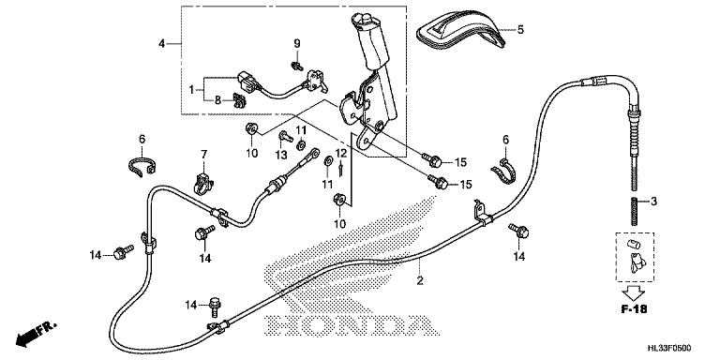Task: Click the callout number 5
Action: point(519,30)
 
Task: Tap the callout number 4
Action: point(161,44)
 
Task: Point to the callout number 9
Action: point(297,44)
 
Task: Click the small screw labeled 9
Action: point(297,67)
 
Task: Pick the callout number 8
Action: point(217,99)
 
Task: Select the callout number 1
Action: point(192,90)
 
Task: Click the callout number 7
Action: point(203,155)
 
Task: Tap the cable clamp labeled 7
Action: point(203,182)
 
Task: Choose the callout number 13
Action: point(281,156)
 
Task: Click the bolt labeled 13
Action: point(286,136)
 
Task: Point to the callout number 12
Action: point(340,153)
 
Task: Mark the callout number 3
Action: point(653,202)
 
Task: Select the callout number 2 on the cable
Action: point(420,280)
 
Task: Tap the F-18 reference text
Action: point(634,309)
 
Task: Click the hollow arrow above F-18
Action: point(635,292)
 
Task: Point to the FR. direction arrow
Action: point(36,334)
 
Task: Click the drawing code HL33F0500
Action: point(669,349)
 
